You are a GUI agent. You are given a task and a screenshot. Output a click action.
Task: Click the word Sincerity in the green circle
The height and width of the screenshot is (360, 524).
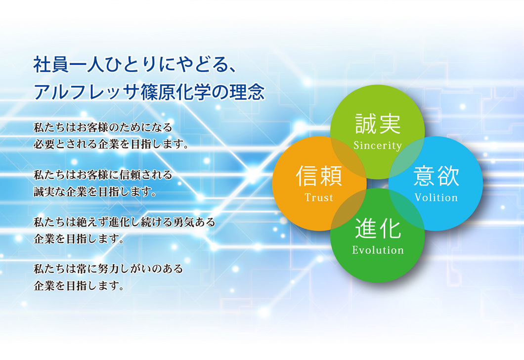point(378,145)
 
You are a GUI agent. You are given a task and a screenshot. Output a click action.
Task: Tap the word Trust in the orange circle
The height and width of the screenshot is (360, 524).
point(319,197)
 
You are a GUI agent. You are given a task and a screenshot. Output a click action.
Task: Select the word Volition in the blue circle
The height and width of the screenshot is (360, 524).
point(436,197)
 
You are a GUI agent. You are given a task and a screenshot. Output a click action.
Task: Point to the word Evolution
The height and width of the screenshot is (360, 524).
point(378,250)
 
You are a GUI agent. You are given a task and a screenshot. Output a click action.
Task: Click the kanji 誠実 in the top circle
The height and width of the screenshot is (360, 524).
point(378,124)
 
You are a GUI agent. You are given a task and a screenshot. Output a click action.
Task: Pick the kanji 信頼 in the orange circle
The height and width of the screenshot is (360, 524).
point(319,176)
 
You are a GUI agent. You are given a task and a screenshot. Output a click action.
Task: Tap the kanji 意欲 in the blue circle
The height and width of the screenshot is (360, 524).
point(436,176)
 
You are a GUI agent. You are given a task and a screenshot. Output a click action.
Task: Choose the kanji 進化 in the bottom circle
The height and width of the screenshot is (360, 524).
point(378,228)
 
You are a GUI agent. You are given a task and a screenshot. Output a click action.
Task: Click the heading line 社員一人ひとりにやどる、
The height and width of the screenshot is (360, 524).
point(135,64)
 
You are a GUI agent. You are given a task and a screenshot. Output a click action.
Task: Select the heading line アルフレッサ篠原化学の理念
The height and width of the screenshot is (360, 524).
point(149,92)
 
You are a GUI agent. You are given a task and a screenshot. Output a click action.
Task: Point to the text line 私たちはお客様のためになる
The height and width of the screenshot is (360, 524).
point(103,128)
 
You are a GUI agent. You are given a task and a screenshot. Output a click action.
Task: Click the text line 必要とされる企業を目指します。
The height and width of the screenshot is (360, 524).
point(111,144)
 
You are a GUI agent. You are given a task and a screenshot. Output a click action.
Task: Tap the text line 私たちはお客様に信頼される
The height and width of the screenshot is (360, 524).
point(103,175)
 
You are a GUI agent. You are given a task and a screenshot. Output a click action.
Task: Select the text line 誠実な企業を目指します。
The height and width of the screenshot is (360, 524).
point(95,191)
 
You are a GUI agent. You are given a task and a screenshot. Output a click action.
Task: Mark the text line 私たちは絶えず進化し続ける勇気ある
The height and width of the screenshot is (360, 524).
point(124,222)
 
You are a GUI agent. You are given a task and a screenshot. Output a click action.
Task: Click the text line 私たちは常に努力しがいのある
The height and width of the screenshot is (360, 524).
point(108,269)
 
